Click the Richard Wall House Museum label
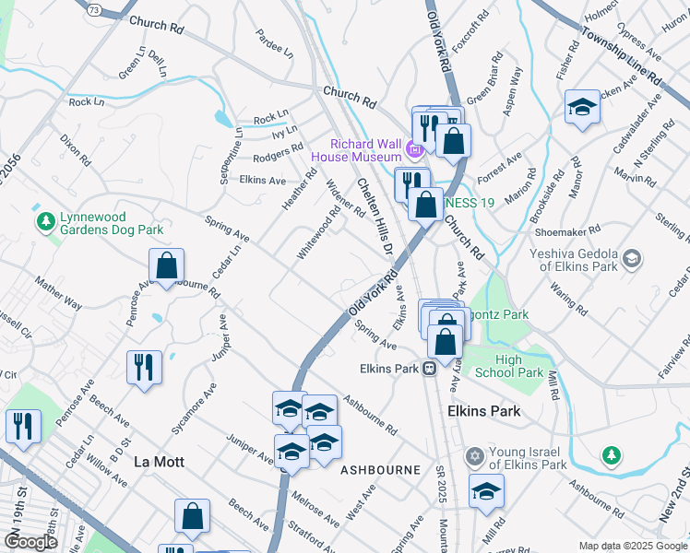(366, 150)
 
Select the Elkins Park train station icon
(430, 369)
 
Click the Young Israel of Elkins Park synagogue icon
(476, 457)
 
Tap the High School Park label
(507, 366)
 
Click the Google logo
(30, 541)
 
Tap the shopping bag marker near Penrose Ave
(166, 266)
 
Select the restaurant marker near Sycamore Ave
(146, 368)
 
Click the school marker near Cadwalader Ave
(582, 107)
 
